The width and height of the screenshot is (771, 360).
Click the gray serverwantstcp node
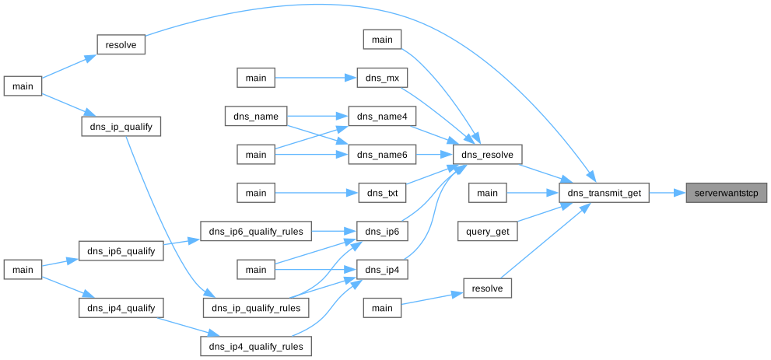(x=726, y=192)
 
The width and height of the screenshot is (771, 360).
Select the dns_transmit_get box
(x=604, y=192)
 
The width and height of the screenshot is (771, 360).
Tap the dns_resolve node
(x=487, y=154)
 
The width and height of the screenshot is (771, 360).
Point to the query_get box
(x=487, y=230)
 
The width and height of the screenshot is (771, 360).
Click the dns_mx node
(x=382, y=78)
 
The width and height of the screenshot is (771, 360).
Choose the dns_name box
(x=256, y=116)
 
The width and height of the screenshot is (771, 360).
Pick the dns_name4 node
(x=382, y=116)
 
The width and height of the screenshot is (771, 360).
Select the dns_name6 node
(x=382, y=154)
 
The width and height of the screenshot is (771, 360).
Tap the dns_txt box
(x=382, y=192)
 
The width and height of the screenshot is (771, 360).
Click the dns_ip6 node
(x=382, y=230)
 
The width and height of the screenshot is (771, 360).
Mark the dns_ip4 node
(x=382, y=269)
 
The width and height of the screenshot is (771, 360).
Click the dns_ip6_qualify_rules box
(x=256, y=230)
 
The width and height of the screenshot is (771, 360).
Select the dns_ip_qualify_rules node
(x=256, y=307)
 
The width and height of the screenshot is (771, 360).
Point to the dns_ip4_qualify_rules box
(x=256, y=345)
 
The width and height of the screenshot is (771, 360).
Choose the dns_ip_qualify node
(x=121, y=125)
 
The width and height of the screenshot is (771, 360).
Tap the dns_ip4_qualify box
(x=121, y=307)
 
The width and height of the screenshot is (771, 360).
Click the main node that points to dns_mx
(x=256, y=78)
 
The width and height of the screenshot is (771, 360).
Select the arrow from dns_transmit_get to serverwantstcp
(x=666, y=192)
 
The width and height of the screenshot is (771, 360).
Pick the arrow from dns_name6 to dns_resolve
(x=434, y=154)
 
